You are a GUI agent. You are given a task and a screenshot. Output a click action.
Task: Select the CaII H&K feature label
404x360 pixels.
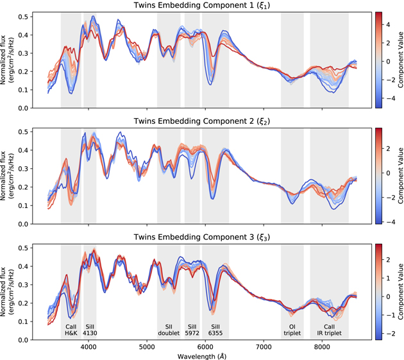pyautogui.click(x=71, y=330)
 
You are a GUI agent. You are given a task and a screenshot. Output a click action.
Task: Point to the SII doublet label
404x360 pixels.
pyautogui.click(x=169, y=330)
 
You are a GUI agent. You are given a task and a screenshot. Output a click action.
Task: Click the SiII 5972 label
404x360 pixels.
pyautogui.click(x=192, y=330)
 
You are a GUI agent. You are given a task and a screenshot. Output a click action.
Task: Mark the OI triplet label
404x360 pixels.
pyautogui.click(x=292, y=330)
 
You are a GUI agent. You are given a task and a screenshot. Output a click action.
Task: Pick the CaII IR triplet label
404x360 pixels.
pyautogui.click(x=329, y=330)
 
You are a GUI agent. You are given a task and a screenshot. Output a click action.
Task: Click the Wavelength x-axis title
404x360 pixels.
pyautogui.click(x=202, y=354)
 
